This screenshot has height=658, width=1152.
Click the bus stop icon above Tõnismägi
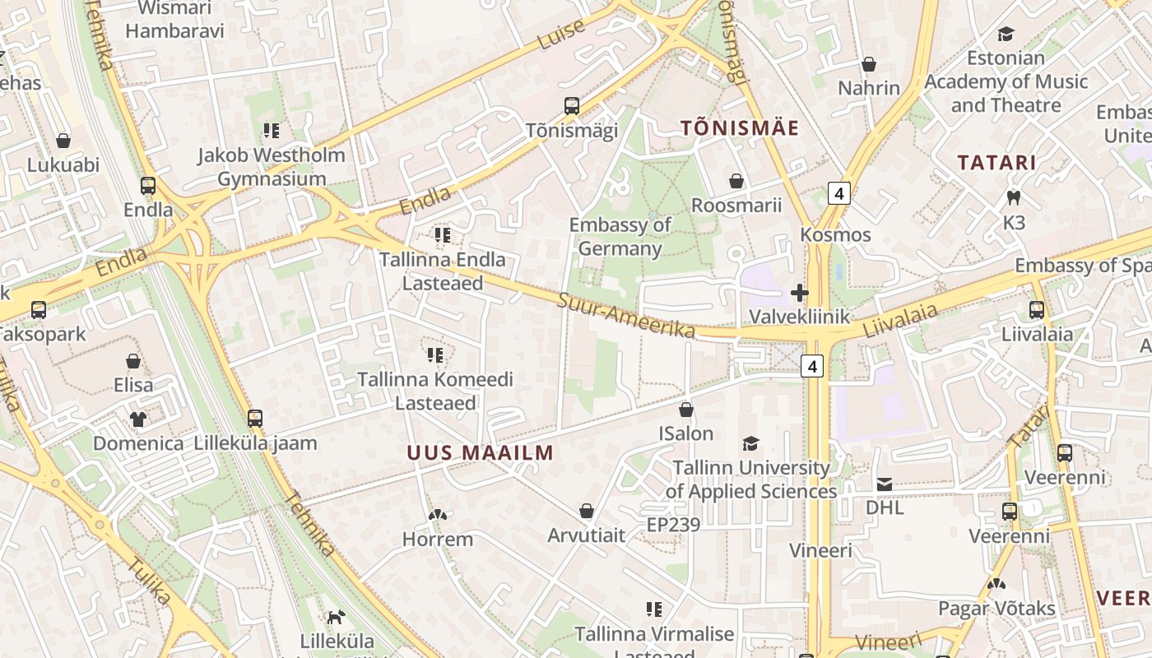click(x=571, y=105)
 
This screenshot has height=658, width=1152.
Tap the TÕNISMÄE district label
click(x=740, y=128)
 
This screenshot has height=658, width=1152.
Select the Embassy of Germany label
click(x=620, y=237)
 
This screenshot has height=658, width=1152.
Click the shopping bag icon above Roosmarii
click(x=736, y=180)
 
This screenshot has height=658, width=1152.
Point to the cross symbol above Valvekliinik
click(x=799, y=293)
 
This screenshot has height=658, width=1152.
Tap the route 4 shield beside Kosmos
click(x=838, y=194)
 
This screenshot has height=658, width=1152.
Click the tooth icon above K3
click(x=1014, y=197)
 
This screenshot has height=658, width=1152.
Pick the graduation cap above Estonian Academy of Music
click(x=1006, y=35)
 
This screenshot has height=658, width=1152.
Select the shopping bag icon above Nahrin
click(x=869, y=63)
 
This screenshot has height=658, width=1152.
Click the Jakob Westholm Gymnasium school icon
click(x=272, y=130)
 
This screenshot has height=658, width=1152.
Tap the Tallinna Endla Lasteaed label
click(x=442, y=271)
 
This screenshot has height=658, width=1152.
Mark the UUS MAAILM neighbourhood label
click(x=480, y=452)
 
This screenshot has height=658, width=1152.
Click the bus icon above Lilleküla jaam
click(x=255, y=418)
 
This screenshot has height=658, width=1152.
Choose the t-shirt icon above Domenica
click(x=137, y=419)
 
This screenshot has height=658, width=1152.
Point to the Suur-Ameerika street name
click(x=626, y=315)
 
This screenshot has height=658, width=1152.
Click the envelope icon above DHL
click(x=885, y=484)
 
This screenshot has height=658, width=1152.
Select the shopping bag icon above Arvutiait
click(x=587, y=512)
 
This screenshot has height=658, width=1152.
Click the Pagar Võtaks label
click(x=996, y=609)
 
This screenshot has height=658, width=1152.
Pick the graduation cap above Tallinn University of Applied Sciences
click(x=750, y=443)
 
